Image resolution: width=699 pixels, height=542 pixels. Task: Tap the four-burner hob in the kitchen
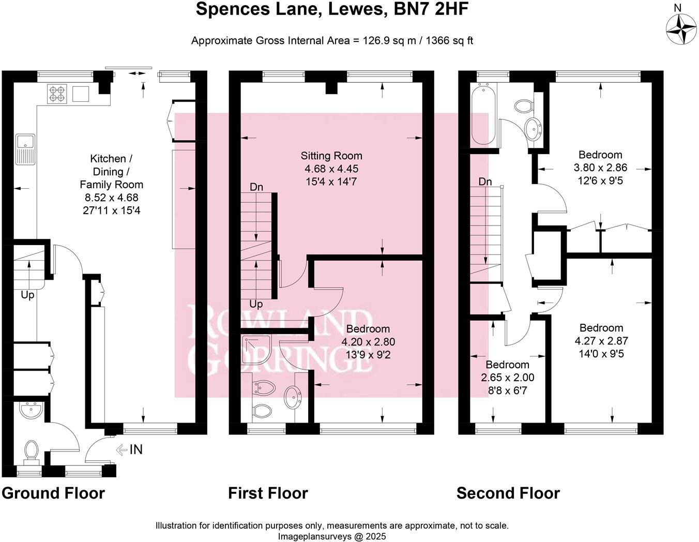click(x=57, y=94)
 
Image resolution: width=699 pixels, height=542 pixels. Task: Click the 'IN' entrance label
click(x=135, y=450)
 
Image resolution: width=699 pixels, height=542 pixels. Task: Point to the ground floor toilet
click(x=32, y=451)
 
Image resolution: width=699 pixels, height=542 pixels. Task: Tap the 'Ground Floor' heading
click(x=53, y=493)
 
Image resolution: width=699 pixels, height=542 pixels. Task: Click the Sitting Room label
click(x=331, y=156)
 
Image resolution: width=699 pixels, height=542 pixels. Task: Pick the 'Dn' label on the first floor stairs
click(x=256, y=187)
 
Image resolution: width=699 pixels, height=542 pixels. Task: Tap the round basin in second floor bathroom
click(x=532, y=126)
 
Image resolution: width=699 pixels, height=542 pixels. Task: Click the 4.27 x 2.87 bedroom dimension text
click(x=601, y=341)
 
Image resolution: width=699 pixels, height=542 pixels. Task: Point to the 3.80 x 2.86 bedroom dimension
click(x=600, y=168)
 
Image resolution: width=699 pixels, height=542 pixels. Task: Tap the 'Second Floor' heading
click(x=508, y=493)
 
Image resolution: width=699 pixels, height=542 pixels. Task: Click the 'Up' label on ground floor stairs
click(x=27, y=295)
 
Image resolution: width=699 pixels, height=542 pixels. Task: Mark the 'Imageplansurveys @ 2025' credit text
click(x=332, y=536)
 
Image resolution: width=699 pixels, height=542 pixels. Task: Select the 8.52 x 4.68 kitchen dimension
click(x=111, y=197)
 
